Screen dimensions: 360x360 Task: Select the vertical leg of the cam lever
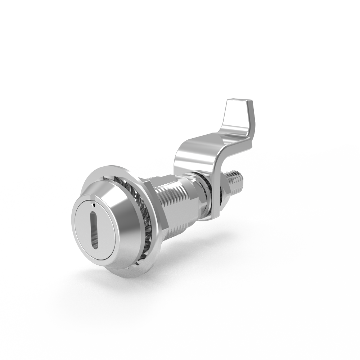click(216, 180)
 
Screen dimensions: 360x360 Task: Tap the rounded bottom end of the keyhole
click(95, 246)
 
